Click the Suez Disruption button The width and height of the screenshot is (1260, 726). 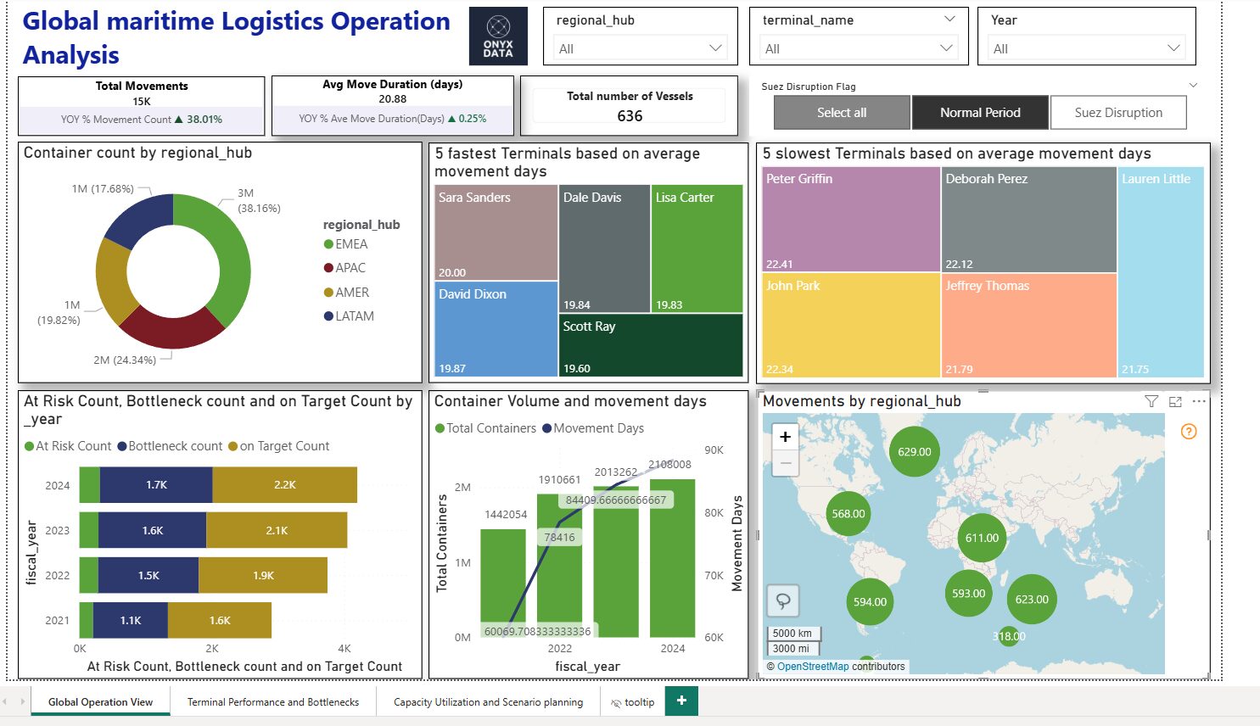[1117, 113]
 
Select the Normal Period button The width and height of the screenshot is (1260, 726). [980, 113]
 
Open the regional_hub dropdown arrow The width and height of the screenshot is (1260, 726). [714, 48]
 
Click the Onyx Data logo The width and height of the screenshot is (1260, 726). [498, 36]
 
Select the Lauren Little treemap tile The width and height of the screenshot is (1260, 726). [1161, 271]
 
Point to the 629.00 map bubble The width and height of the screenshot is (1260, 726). [914, 452]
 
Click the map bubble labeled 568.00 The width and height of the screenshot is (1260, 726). [848, 514]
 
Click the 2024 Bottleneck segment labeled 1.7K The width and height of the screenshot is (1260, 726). [156, 485]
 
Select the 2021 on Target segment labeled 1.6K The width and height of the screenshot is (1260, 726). [220, 621]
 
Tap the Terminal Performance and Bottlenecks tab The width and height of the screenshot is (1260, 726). [272, 702]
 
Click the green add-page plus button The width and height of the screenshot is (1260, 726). [681, 701]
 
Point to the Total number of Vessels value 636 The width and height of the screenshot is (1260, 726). [630, 116]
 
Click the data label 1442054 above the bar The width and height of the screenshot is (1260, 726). [506, 515]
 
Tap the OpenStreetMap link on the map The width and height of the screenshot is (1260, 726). [812, 667]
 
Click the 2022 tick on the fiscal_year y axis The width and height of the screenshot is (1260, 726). [58, 576]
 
